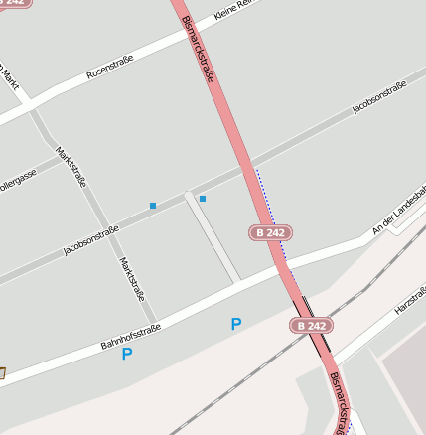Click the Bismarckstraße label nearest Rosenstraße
pos(203,51)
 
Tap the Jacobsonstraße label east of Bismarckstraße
pos(379,97)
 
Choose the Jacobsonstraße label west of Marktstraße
pos(90,240)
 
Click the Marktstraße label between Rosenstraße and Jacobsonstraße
pos(71,167)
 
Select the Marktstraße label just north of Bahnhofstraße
pos(131,279)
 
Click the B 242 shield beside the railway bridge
pos(311,326)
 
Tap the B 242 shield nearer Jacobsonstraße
pos(269,232)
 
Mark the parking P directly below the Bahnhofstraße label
pos(127,354)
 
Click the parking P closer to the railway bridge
pos(235,324)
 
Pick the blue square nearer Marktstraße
pos(153,206)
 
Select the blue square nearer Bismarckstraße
pos(203,199)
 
